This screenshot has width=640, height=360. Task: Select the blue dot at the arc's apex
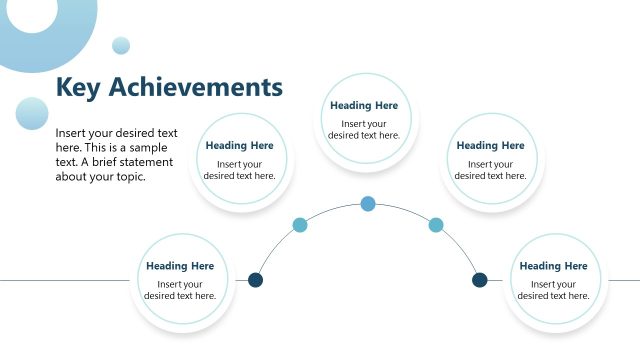368,204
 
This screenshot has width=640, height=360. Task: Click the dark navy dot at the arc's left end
255,280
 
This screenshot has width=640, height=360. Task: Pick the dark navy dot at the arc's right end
480,280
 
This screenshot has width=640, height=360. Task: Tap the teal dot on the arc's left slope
299,225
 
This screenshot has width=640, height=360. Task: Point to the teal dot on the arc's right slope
436,225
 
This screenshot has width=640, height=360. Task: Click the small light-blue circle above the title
121,45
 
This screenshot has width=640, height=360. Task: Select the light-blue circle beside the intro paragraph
32,113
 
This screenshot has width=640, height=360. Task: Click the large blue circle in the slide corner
40,25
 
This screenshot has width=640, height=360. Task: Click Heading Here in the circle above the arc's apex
364,106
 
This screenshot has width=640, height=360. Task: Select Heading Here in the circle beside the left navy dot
180,266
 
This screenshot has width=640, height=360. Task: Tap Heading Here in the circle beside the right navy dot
553,266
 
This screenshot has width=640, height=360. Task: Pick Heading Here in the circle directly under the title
239,146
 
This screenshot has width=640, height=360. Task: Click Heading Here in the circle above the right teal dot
490,146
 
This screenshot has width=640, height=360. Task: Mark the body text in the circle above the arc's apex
364,130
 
